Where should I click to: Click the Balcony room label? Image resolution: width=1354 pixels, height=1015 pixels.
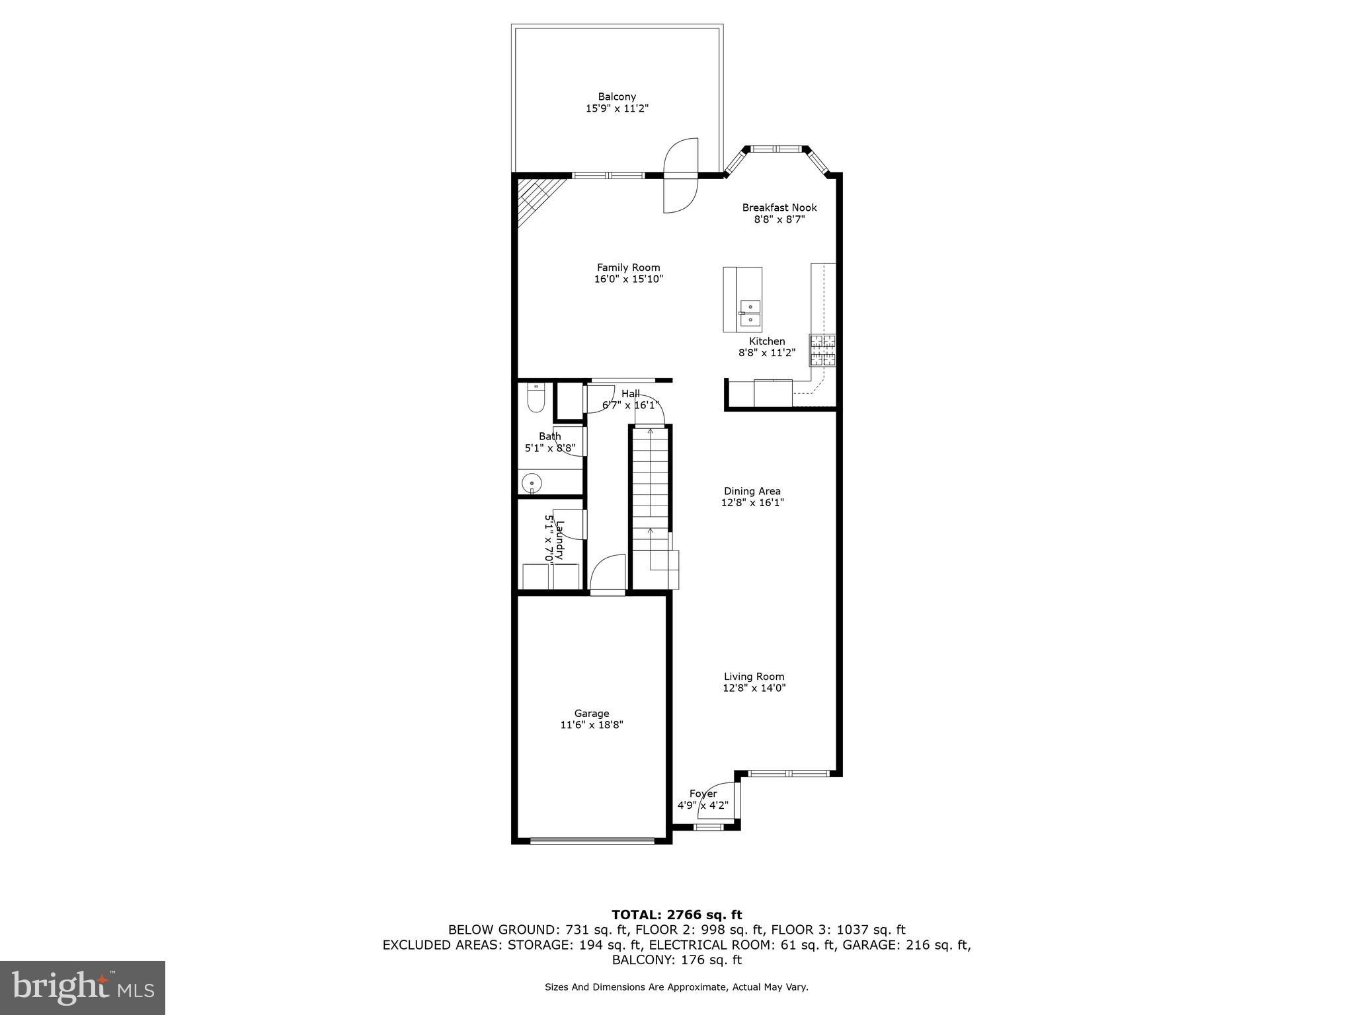(617, 96)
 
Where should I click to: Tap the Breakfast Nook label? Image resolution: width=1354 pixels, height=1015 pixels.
(779, 207)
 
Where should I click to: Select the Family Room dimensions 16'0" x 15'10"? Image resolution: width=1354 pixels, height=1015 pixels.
(628, 280)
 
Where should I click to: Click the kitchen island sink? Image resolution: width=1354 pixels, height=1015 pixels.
(750, 313)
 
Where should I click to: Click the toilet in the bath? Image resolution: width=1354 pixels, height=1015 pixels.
(536, 399)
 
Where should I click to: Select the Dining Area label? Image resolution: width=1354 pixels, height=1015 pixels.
(752, 491)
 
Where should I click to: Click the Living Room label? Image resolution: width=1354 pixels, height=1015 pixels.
(754, 677)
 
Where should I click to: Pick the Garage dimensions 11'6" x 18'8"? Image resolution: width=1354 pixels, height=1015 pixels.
(591, 725)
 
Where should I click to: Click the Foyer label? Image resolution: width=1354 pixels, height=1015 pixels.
(703, 794)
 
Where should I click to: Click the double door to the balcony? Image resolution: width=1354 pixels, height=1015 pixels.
(681, 175)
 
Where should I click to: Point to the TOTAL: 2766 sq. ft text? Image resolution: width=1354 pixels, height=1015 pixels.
(676, 915)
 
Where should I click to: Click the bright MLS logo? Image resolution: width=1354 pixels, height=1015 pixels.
(83, 987)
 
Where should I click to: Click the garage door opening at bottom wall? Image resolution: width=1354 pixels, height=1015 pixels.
(592, 841)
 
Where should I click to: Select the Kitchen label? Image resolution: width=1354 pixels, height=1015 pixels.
(767, 341)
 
